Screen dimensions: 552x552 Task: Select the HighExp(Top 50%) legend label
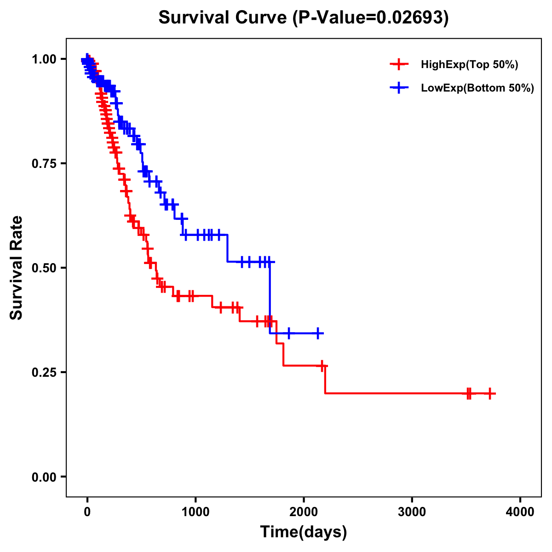[x=469, y=64]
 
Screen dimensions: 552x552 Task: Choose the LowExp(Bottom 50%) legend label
[x=477, y=88]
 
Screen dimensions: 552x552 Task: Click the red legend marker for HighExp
[x=399, y=64]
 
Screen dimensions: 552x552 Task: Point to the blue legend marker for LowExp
[x=399, y=88]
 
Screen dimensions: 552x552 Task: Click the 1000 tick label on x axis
[x=195, y=512]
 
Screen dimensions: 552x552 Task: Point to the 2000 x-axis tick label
[x=304, y=512]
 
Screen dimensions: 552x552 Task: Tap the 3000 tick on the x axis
[x=412, y=512]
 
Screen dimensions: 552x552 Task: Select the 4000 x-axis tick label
[x=520, y=512]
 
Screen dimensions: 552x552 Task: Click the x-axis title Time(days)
[x=304, y=532]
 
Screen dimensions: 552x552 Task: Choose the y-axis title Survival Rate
[x=17, y=268]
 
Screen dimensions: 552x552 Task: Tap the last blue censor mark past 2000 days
[x=317, y=333]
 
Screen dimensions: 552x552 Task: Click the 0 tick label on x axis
[x=87, y=512]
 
